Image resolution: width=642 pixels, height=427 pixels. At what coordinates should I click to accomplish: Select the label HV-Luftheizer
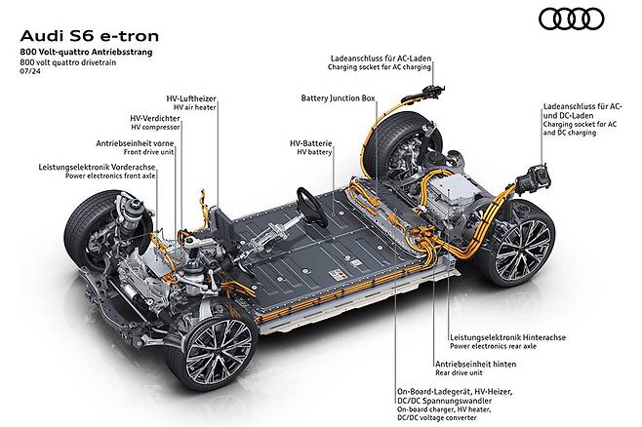pos(191,101)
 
